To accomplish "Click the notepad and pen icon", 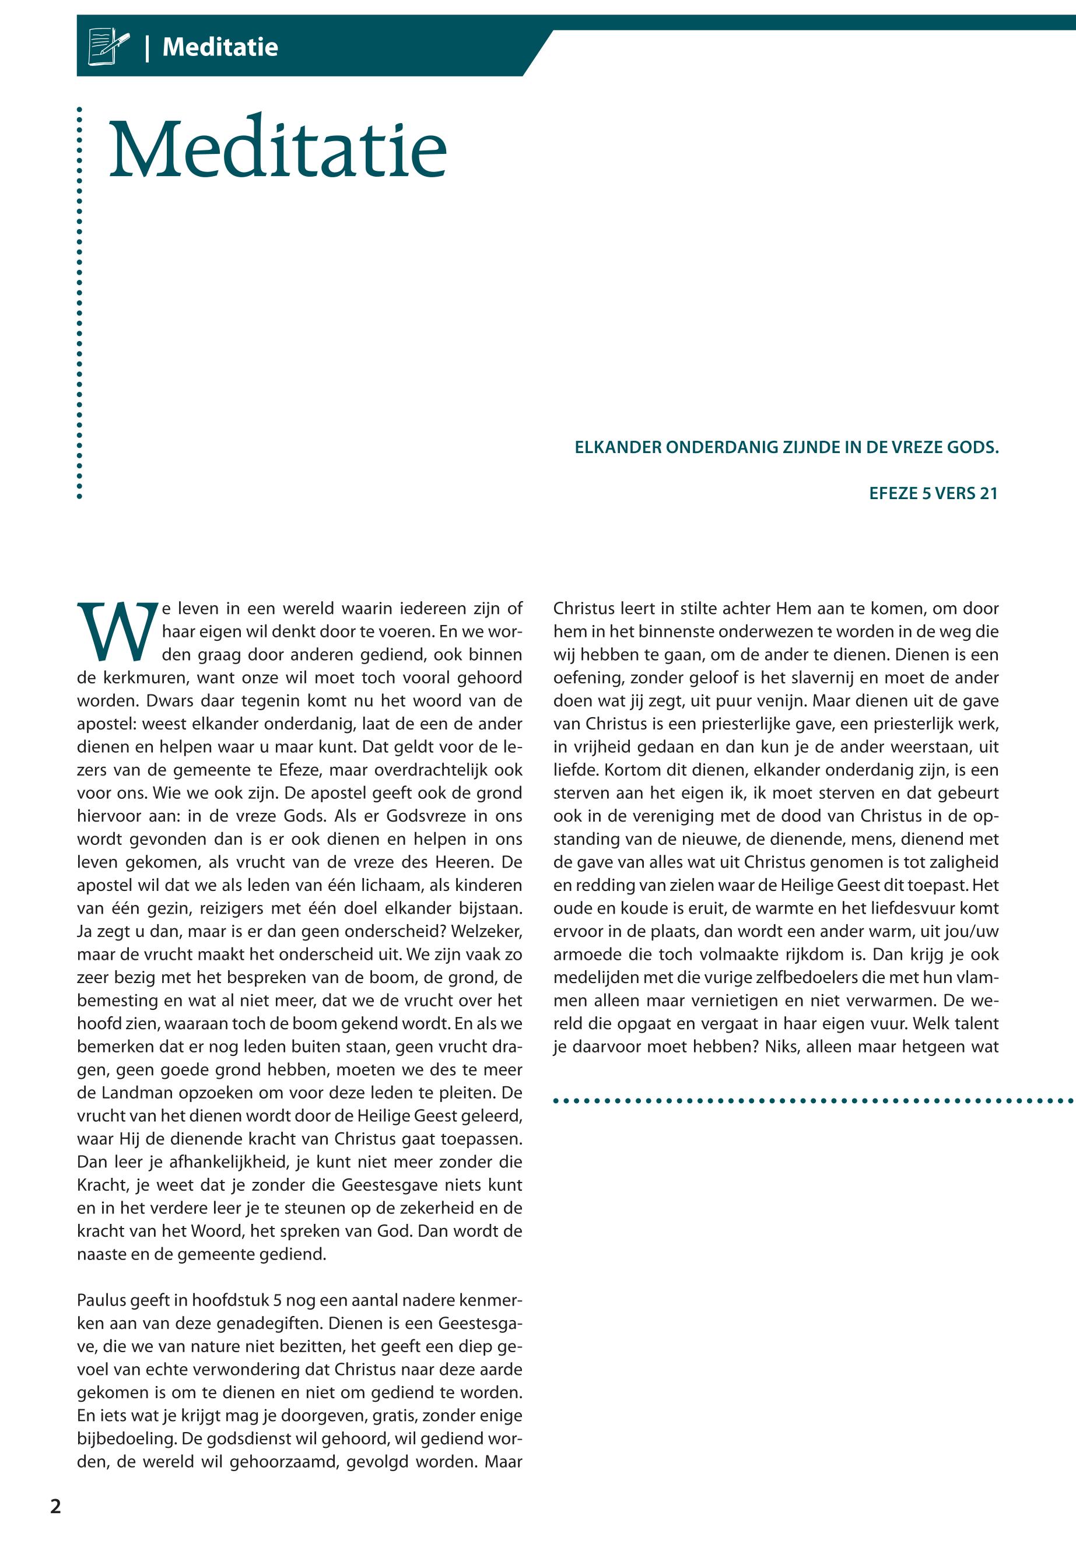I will click(x=108, y=46).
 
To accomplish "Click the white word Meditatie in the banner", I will click(x=220, y=47).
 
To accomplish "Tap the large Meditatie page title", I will click(x=277, y=148).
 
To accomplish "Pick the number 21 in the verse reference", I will click(x=989, y=493).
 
